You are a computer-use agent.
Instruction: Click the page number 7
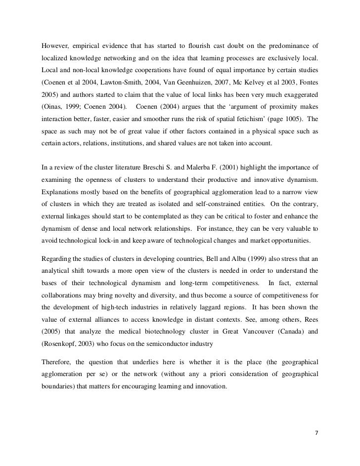(318, 432)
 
